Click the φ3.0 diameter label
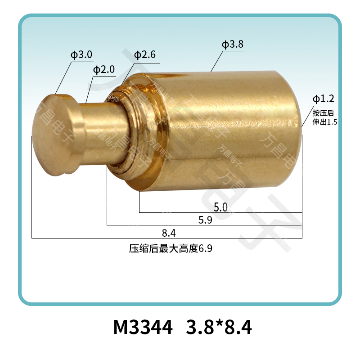tap(81, 55)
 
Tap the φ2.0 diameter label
tap(104, 70)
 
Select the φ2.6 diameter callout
tap(145, 55)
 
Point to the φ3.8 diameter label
tap(233, 45)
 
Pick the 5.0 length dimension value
tap(220, 207)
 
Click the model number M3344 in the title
tap(143, 328)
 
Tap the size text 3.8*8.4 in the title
tap(219, 328)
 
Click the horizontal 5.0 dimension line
tap(180, 212)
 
